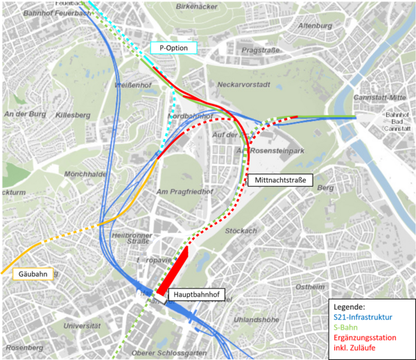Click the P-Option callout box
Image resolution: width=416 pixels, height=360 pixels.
pyautogui.click(x=173, y=48)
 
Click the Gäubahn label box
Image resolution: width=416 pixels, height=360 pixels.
pyautogui.click(x=33, y=274)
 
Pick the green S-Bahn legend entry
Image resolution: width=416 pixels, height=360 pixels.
pyautogui.click(x=347, y=327)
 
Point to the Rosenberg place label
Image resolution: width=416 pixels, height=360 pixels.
pyautogui.click(x=24, y=347)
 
